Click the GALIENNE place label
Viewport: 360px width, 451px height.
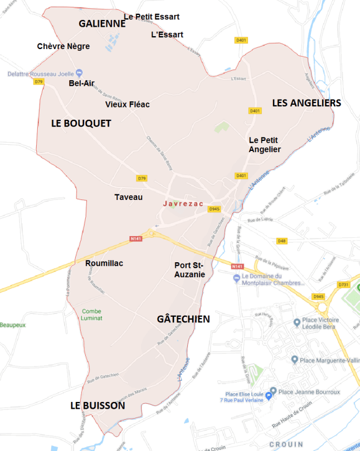(103, 23)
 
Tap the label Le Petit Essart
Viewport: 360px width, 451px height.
(152, 17)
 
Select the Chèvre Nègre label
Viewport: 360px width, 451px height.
(63, 46)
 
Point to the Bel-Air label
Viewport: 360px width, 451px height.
(81, 84)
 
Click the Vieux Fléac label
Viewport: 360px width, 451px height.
(127, 104)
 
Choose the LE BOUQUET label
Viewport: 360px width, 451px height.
(81, 123)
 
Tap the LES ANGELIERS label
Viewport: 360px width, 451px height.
(306, 103)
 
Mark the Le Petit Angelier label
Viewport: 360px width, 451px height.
(264, 145)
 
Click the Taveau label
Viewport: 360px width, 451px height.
(128, 197)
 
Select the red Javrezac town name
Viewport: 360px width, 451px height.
(183, 204)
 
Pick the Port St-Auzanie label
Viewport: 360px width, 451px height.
(189, 270)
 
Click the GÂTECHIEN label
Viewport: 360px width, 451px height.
(183, 319)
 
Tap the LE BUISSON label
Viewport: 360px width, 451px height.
(98, 406)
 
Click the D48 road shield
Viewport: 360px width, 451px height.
(282, 241)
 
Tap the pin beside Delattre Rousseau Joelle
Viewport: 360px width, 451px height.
(79, 73)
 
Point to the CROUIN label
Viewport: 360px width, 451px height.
(286, 444)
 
